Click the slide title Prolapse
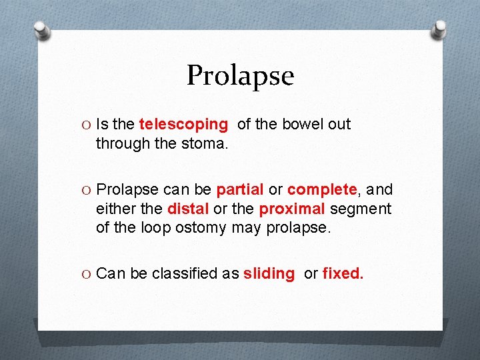point(240,75)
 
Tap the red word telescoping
point(183,125)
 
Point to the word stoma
point(207,143)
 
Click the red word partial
point(240,190)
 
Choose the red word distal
point(188,209)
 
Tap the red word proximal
point(291,209)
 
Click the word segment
point(360,209)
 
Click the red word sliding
point(269,273)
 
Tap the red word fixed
point(343,273)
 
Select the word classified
point(195,273)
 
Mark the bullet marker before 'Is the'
point(87,125)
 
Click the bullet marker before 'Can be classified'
point(87,273)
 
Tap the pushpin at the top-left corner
point(42,30)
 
